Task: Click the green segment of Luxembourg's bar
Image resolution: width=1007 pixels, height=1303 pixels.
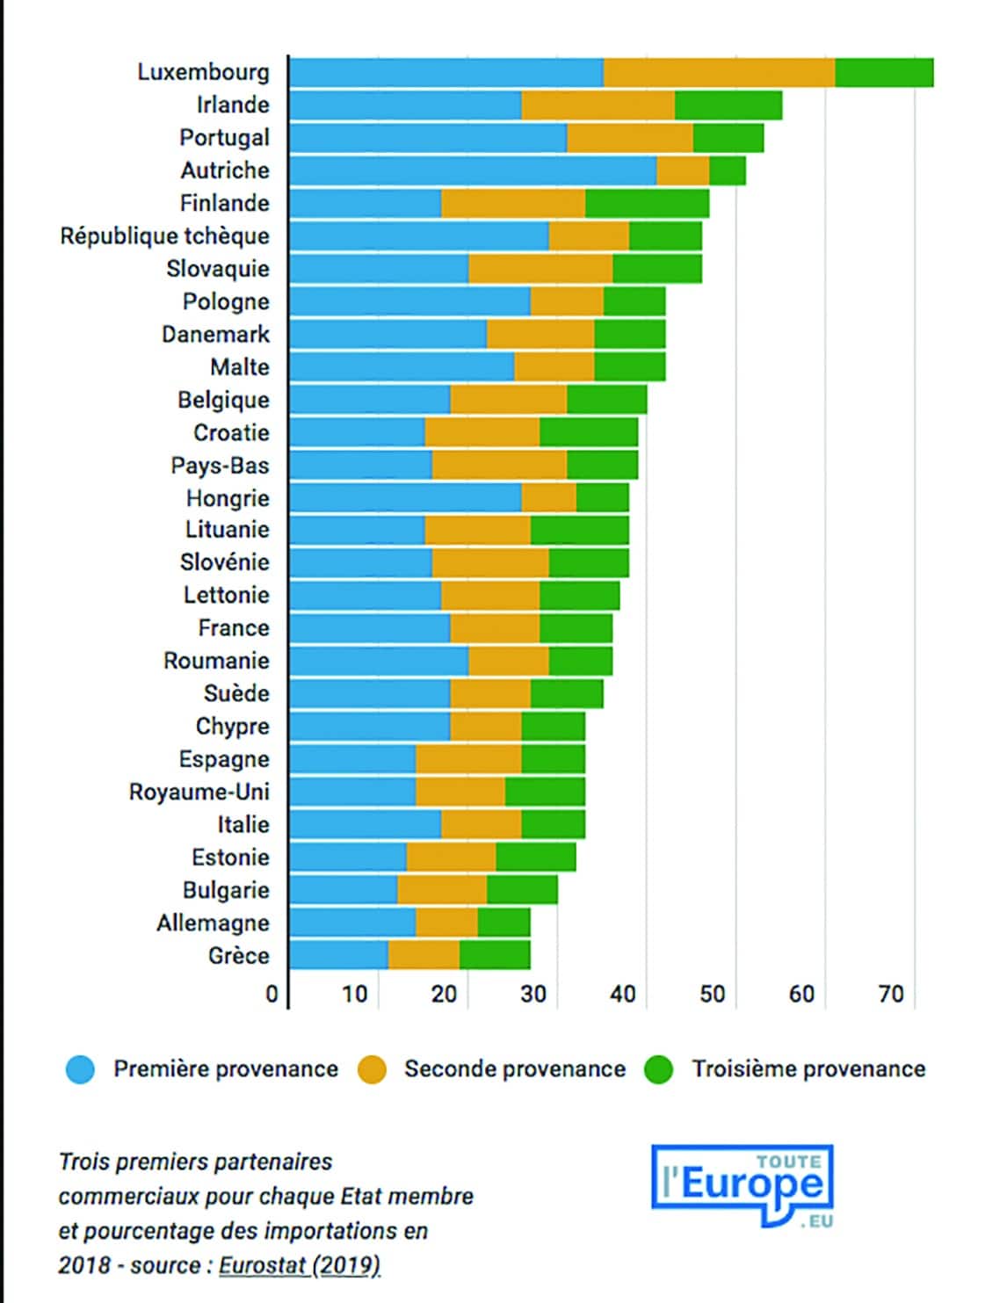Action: (x=884, y=73)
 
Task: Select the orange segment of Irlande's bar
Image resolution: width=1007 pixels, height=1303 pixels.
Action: (x=598, y=105)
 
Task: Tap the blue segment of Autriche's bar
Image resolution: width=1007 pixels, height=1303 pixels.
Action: (x=473, y=171)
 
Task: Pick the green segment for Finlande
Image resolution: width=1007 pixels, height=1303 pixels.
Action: (x=648, y=203)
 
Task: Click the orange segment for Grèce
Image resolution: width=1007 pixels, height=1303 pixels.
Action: (x=424, y=955)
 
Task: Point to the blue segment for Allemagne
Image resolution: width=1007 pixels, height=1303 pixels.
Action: (x=352, y=923)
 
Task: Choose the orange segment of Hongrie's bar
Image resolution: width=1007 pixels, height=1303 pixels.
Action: (x=549, y=497)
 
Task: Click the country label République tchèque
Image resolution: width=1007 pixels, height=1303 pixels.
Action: (x=165, y=236)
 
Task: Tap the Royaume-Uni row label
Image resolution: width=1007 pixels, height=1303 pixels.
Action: (x=199, y=793)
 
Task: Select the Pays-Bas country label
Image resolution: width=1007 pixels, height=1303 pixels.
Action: (x=220, y=466)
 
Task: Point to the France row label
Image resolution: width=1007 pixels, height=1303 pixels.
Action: (x=234, y=628)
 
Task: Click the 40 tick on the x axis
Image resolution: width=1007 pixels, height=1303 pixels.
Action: (x=623, y=995)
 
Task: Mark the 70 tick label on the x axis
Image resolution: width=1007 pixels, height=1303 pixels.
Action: (x=891, y=995)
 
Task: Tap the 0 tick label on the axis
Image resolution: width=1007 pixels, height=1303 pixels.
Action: (x=272, y=995)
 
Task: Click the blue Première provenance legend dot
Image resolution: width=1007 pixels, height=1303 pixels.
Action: (x=80, y=1069)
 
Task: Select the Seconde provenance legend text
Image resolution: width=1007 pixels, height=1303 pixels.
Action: (x=515, y=1069)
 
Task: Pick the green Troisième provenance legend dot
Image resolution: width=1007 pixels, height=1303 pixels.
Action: (x=659, y=1069)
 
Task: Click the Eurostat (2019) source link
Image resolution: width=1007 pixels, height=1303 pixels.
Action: (x=300, y=1266)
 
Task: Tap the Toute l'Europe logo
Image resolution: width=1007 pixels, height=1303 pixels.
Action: (x=742, y=1186)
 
